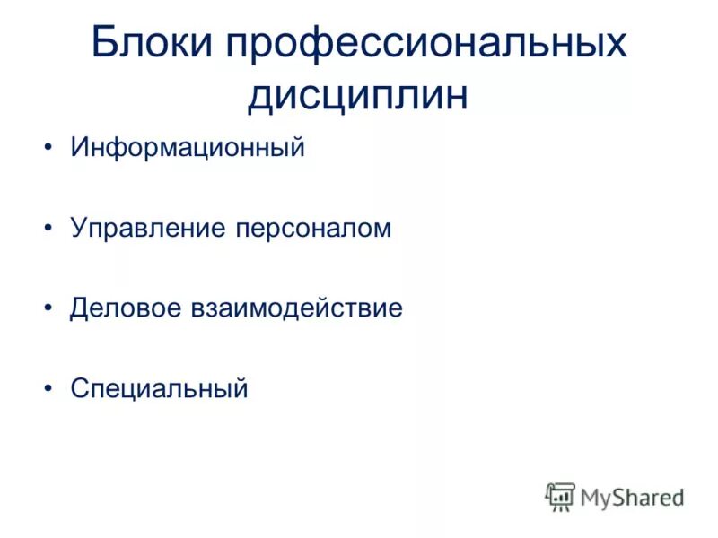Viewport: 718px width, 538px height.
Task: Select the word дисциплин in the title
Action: (358, 96)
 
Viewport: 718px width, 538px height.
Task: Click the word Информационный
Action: (188, 148)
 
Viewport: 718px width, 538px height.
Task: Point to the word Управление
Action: (148, 229)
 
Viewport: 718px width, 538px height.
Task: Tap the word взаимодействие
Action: (295, 308)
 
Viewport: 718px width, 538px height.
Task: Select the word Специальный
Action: (159, 389)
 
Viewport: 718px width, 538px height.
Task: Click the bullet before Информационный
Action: (48, 149)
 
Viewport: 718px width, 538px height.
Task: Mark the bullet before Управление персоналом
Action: (48, 230)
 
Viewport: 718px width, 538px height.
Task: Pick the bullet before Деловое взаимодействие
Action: (48, 309)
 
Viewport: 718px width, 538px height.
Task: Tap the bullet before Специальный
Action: (48, 390)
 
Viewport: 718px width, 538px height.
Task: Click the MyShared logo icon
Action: (560, 496)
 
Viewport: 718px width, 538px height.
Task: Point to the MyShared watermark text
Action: (632, 497)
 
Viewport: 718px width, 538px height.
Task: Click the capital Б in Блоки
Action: (106, 44)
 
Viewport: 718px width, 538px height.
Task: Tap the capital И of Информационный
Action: (79, 148)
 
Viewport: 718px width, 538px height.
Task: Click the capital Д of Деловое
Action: (79, 308)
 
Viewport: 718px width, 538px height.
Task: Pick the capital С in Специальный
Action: (79, 389)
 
